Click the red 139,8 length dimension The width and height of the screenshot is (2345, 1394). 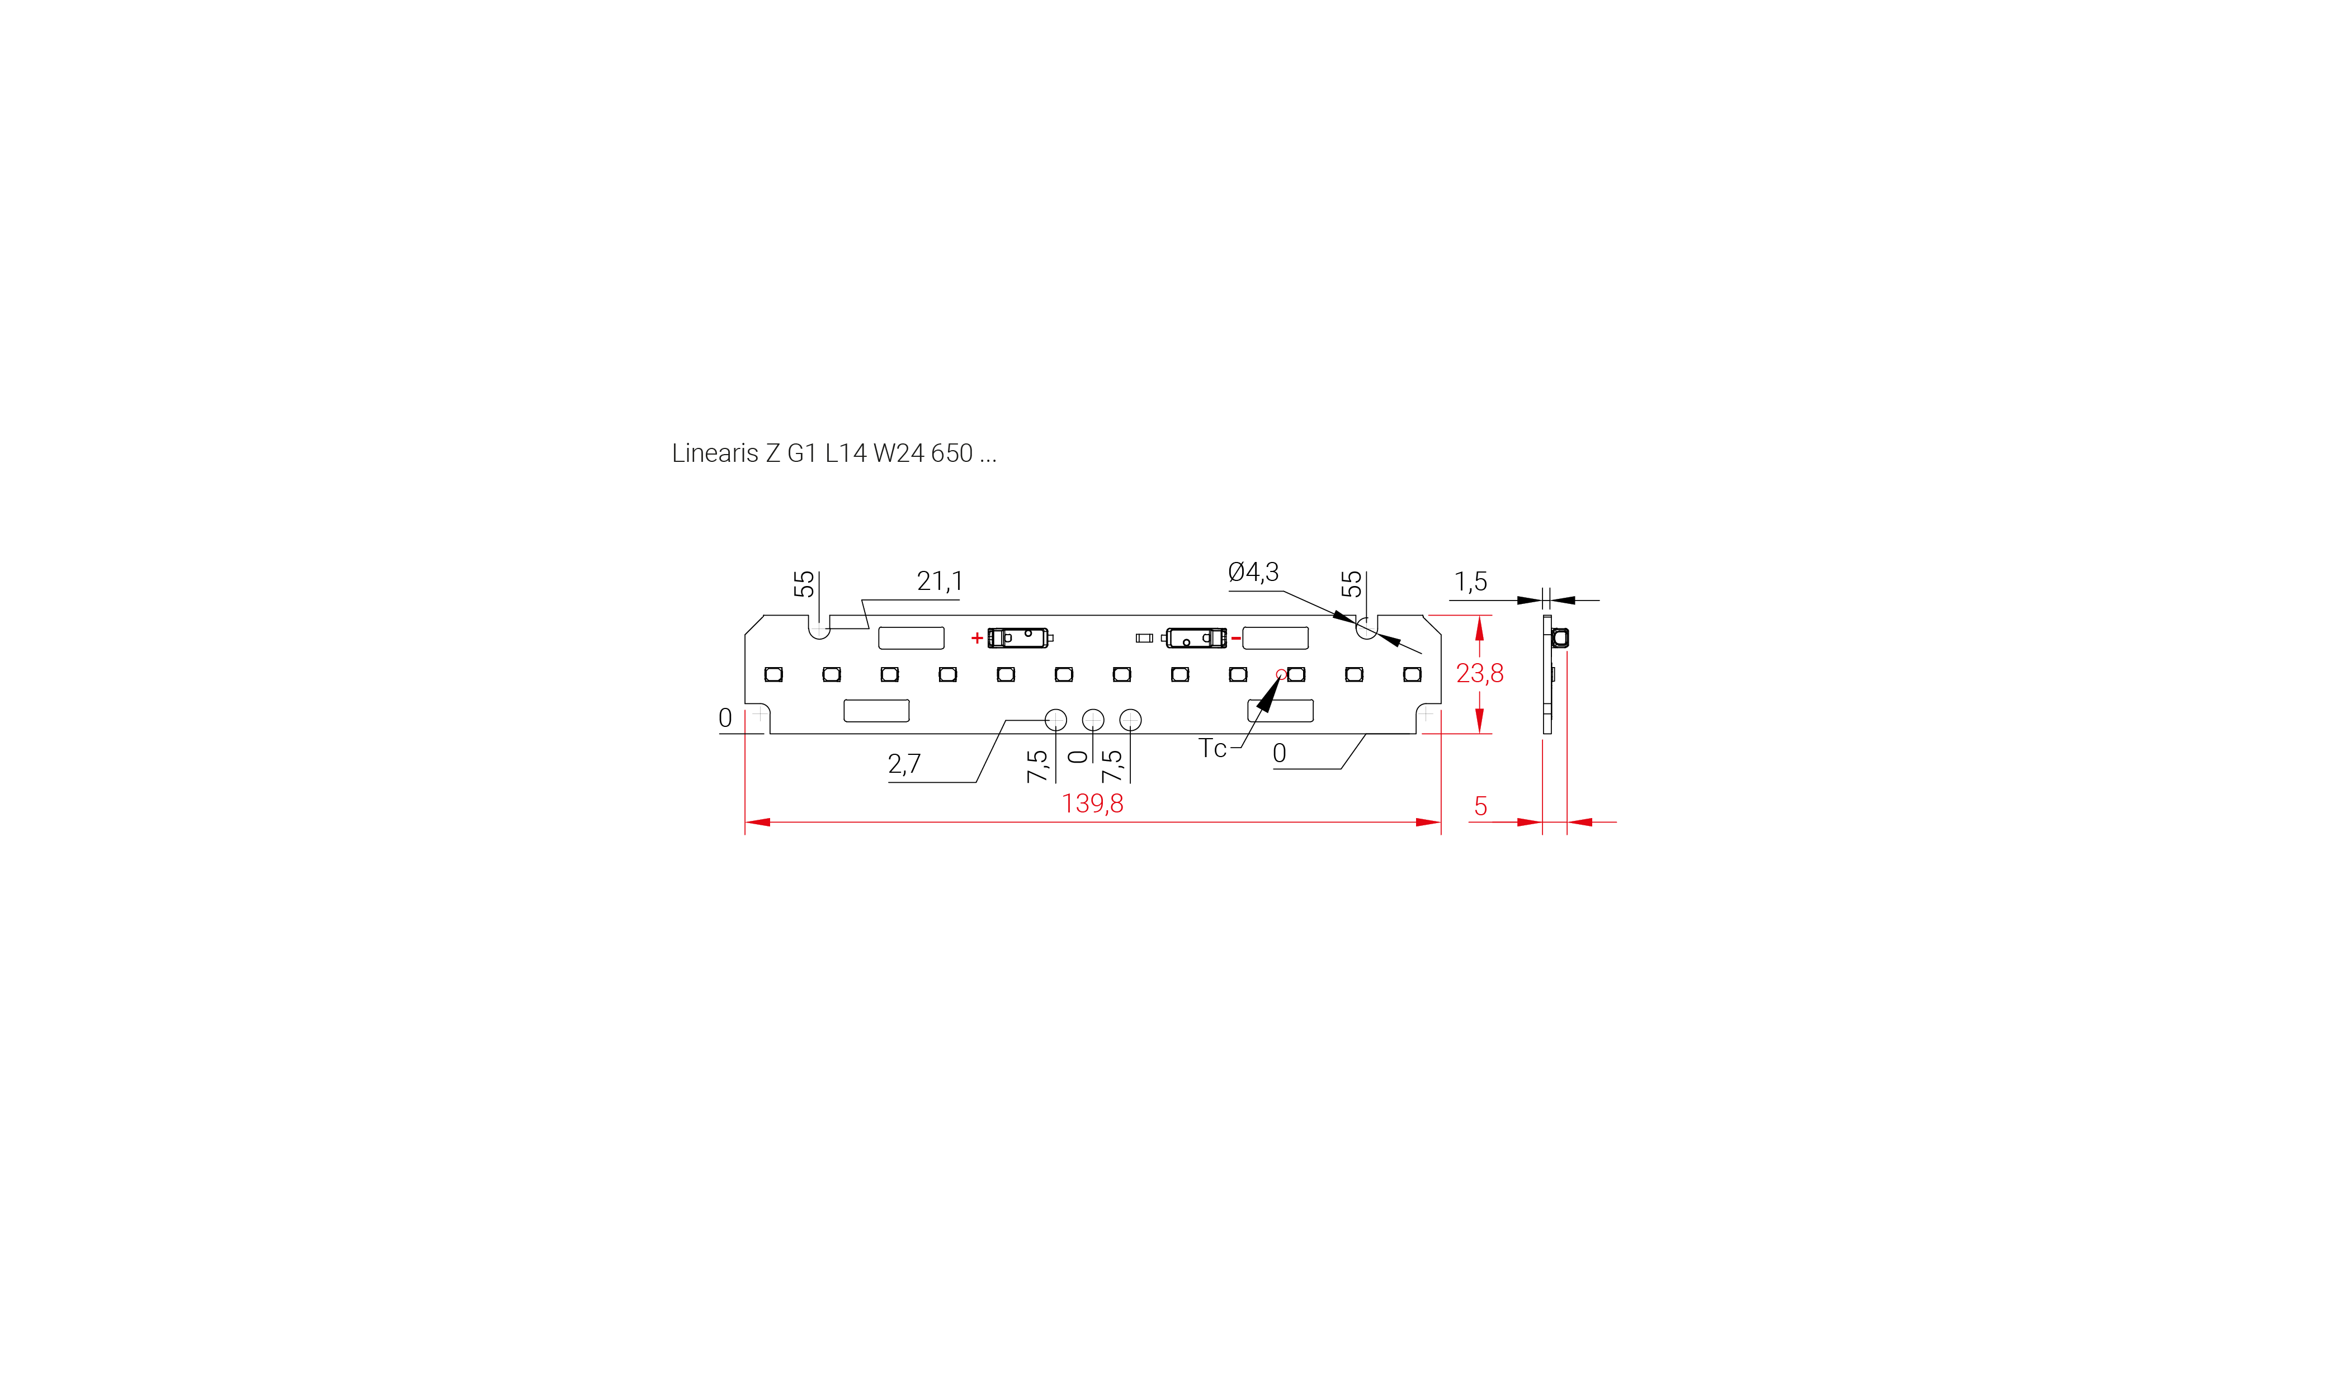click(1092, 803)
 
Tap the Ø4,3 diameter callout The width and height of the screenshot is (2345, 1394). click(1253, 572)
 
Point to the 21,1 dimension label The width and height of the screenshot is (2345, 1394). click(940, 582)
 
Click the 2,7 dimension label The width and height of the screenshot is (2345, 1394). click(904, 764)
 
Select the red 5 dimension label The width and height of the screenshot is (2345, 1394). click(1481, 806)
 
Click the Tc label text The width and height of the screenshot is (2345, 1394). click(1212, 749)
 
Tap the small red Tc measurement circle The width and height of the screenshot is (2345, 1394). click(1281, 674)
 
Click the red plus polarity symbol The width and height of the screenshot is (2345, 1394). click(977, 638)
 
